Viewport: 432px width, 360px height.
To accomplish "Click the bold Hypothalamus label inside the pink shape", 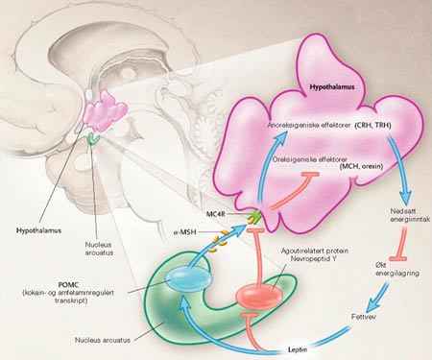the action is tap(332, 86).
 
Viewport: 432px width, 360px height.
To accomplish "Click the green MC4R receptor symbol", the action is tap(254, 217).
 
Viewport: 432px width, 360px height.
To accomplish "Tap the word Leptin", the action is tap(298, 349).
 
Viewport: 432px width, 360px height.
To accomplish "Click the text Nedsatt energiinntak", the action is tap(409, 215).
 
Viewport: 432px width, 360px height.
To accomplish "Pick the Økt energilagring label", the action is tap(397, 269).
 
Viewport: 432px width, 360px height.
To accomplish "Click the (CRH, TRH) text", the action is tap(372, 126).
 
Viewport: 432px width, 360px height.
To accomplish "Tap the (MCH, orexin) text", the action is tap(361, 166).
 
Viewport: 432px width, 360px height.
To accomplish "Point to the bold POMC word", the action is tap(68, 284).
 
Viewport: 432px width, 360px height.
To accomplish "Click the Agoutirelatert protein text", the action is tap(315, 251).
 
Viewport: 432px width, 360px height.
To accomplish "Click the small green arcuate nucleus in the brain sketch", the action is tap(93, 138).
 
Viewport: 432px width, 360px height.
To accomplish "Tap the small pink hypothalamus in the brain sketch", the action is tap(104, 110).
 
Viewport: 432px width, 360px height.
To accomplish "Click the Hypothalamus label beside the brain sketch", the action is tap(38, 230).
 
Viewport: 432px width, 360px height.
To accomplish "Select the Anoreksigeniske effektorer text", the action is tap(309, 126).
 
